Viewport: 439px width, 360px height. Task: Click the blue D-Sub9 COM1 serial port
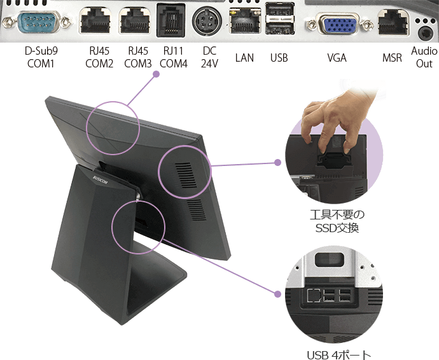point(39,22)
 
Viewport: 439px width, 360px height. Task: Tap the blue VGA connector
point(339,24)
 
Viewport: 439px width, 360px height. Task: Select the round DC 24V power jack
point(207,21)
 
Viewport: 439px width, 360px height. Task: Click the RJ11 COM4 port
point(171,20)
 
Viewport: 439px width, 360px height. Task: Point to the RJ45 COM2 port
point(95,21)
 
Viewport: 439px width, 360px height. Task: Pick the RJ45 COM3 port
point(134,21)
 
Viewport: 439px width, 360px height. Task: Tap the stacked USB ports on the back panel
point(279,18)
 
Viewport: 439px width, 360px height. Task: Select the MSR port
point(393,22)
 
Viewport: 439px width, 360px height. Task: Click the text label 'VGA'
point(337,58)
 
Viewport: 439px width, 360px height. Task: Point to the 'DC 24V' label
point(209,57)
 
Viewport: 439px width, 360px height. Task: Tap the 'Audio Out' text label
point(424,57)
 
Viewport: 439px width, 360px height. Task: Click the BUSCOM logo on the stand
point(100,179)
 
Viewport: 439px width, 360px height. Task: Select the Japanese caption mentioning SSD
point(337,221)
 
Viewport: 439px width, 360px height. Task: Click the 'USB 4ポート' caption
point(339,355)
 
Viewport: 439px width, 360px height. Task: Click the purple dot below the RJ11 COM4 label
point(157,74)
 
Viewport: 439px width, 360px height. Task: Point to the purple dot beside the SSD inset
point(277,163)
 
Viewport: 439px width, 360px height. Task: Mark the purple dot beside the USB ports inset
point(277,294)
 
